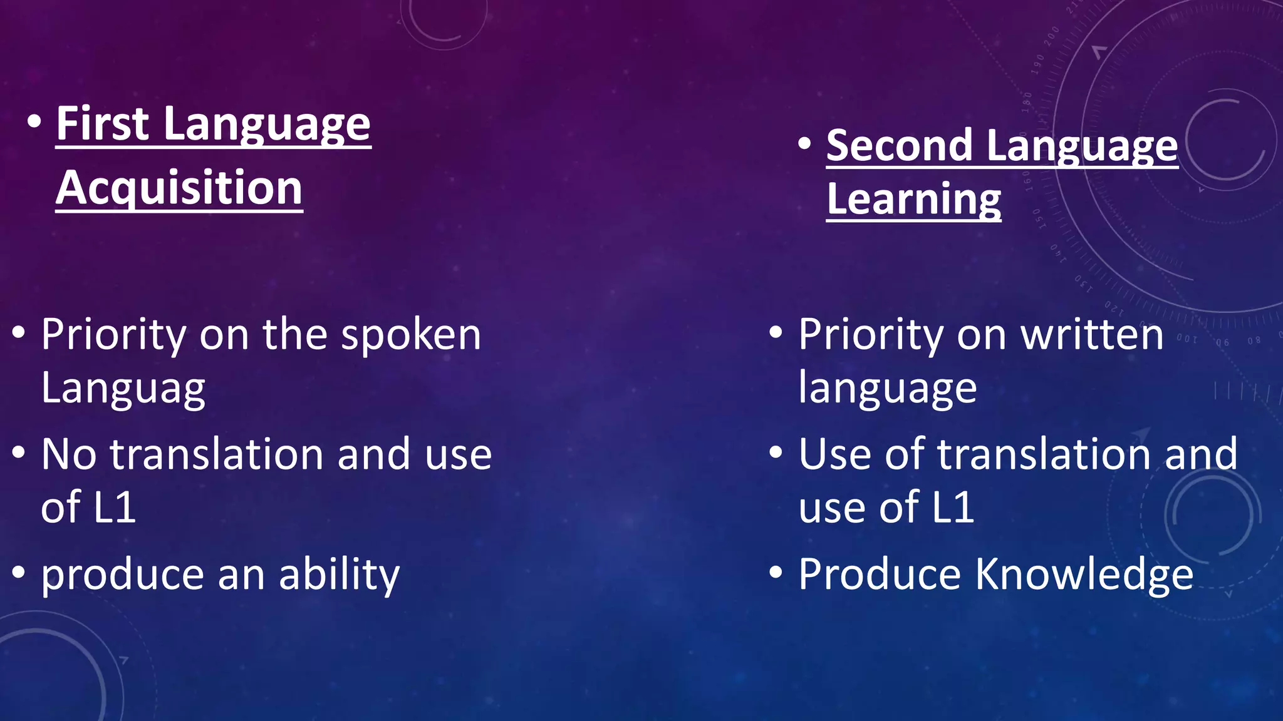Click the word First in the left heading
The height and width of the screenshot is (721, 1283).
103,123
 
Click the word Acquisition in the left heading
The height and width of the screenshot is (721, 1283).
179,188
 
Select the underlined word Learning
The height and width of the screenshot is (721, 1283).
913,200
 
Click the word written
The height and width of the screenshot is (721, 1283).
1092,335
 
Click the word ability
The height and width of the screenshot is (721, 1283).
339,575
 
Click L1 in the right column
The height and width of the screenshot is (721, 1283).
952,508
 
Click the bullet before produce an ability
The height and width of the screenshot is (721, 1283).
19,572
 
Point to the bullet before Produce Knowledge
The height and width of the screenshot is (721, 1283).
776,572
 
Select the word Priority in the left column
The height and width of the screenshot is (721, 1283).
113,335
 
